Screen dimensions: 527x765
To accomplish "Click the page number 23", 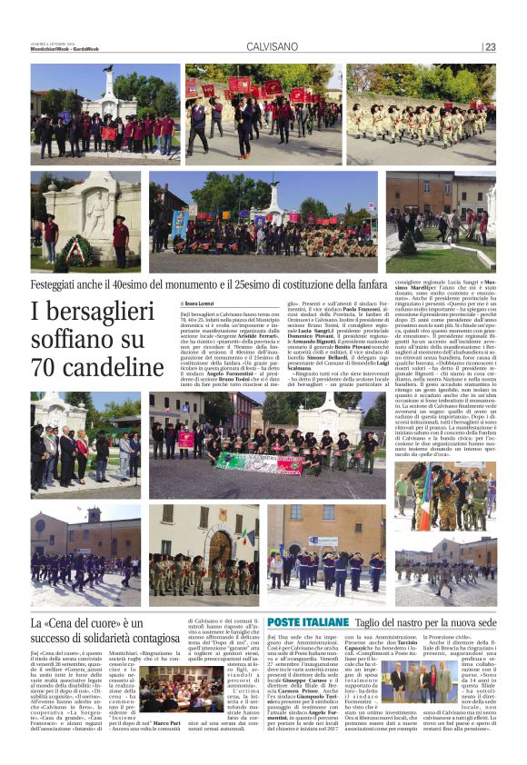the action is (490, 47).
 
